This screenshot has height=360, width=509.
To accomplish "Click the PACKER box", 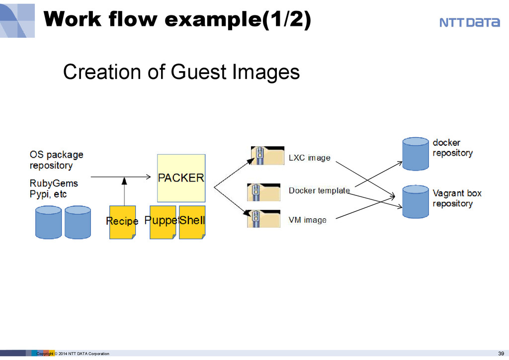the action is click(x=181, y=178).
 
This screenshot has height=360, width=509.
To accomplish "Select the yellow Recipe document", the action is click(x=122, y=222).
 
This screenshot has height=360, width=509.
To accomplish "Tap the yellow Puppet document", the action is click(x=163, y=222).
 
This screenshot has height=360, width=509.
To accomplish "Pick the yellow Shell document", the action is click(x=192, y=222).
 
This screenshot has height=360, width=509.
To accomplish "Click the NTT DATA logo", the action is click(x=469, y=22).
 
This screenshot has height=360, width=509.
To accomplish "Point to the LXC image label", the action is click(x=309, y=158).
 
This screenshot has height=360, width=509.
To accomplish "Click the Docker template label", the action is click(x=319, y=190).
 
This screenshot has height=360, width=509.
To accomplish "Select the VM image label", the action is click(x=307, y=220).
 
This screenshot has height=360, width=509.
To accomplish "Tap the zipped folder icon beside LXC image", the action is click(x=267, y=156).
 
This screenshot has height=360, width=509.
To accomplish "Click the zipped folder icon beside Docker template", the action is click(x=263, y=192).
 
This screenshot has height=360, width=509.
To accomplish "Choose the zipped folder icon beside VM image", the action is click(x=263, y=219).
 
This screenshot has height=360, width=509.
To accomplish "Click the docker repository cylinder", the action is click(x=416, y=154).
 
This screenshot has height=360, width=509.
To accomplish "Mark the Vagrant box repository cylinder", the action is click(x=416, y=201).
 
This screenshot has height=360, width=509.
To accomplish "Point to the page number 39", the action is click(x=501, y=354).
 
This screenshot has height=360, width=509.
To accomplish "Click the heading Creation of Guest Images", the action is click(x=181, y=72).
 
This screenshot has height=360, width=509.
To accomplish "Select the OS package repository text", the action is click(x=57, y=160).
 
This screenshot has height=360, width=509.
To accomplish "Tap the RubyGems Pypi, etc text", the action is click(x=54, y=188).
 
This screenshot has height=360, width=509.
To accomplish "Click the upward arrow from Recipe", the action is click(x=124, y=191).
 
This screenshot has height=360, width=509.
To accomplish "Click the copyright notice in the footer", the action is click(x=73, y=354).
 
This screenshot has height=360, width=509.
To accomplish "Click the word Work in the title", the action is click(x=73, y=19).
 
